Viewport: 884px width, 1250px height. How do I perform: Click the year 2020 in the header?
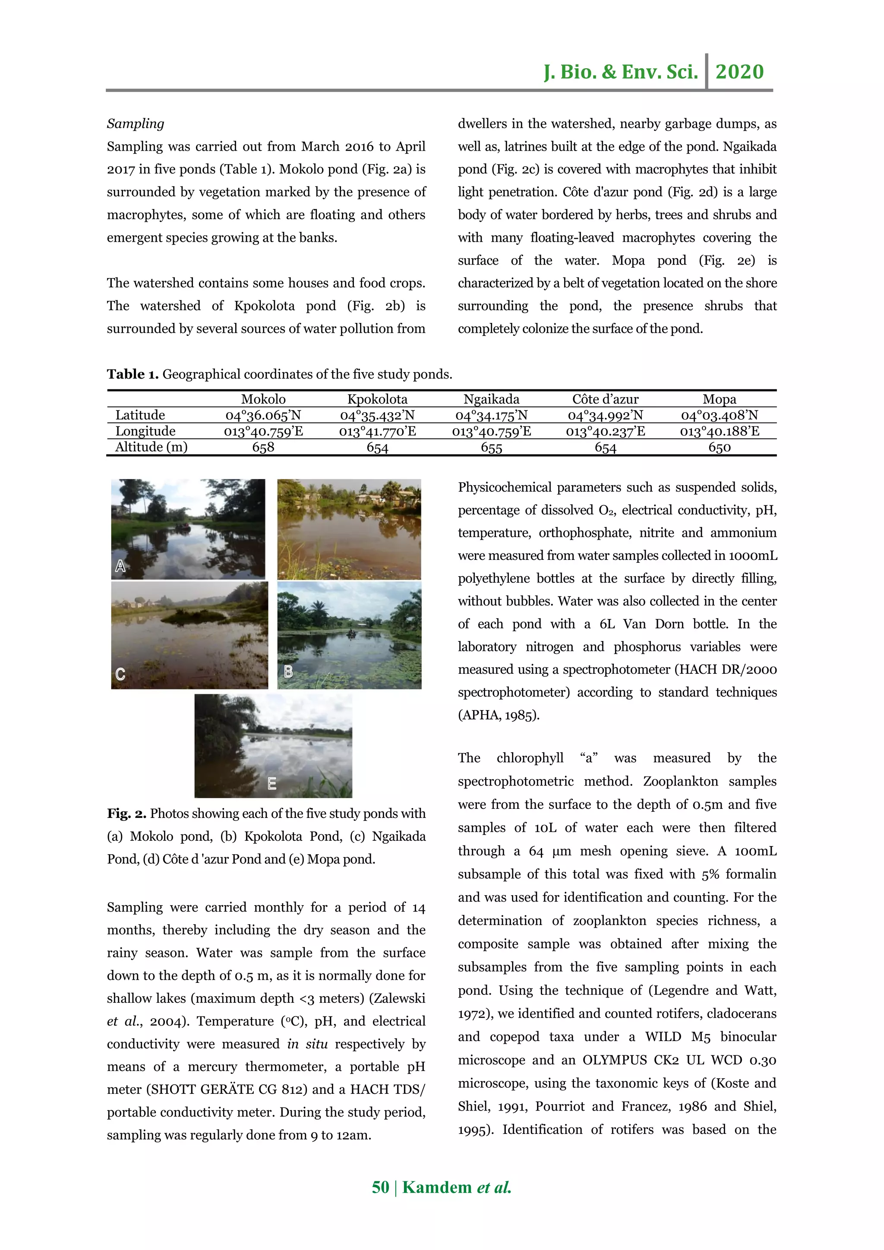739,72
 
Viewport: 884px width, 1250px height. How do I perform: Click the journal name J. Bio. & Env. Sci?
621,72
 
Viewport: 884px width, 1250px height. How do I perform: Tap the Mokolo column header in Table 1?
263,399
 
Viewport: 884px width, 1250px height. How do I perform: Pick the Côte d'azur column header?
605,399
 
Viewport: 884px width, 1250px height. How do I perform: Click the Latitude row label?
140,415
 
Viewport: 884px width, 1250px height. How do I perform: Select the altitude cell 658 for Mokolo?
263,447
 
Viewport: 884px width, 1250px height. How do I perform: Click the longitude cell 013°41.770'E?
377,431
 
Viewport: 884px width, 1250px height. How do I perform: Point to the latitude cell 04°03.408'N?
719,415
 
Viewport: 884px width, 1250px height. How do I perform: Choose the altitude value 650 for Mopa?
719,448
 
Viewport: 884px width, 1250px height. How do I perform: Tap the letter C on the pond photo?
120,675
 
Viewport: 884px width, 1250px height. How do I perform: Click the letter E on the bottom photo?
272,783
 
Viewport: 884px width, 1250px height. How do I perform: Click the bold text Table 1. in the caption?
132,374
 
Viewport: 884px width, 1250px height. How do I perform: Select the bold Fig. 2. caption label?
126,813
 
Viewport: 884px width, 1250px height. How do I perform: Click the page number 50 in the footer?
380,1187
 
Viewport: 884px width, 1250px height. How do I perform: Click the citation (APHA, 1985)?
499,715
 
